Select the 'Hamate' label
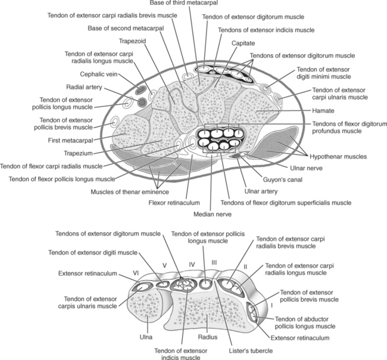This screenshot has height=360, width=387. (324, 110)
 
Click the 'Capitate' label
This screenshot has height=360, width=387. (243, 43)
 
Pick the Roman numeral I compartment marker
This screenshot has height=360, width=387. (272, 305)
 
